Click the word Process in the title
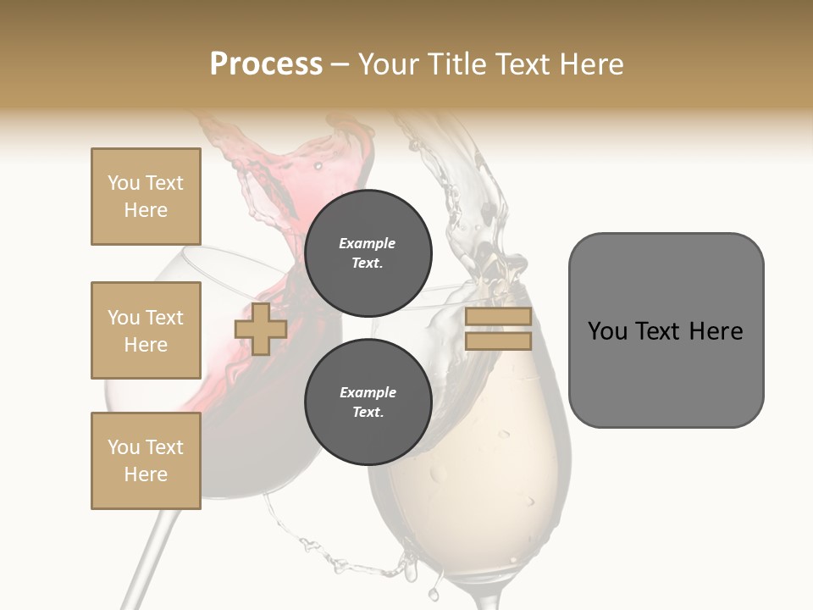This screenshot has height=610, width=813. click(x=266, y=64)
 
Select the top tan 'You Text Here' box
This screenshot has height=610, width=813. click(x=146, y=197)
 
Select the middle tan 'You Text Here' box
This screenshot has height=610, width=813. click(x=146, y=330)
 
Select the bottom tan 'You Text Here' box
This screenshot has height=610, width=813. click(x=146, y=461)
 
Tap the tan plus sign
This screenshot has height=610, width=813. click(x=261, y=329)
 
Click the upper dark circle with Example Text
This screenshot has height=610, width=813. click(x=368, y=252)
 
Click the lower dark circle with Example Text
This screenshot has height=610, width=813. click(x=368, y=402)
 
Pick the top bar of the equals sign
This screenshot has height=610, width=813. click(x=498, y=317)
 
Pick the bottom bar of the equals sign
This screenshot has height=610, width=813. click(x=498, y=341)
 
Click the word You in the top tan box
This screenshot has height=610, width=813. click(x=123, y=183)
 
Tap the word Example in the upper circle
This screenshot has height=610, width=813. click(x=368, y=243)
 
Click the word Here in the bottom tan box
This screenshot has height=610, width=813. click(x=146, y=474)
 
